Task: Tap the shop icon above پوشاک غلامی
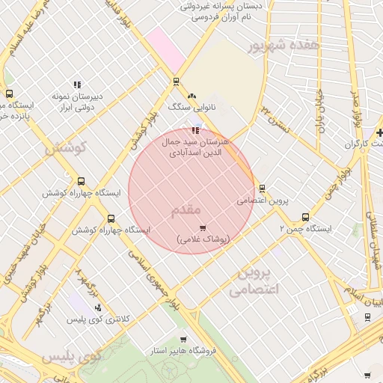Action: (x=202, y=227)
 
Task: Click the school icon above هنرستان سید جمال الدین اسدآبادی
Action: (x=196, y=130)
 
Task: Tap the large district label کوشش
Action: (x=66, y=148)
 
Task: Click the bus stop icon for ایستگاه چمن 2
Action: (x=305, y=217)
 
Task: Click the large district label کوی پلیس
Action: (x=72, y=358)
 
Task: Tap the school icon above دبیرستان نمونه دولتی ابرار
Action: (x=76, y=85)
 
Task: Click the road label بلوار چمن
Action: (x=337, y=183)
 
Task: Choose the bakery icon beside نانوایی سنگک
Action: (x=193, y=96)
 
